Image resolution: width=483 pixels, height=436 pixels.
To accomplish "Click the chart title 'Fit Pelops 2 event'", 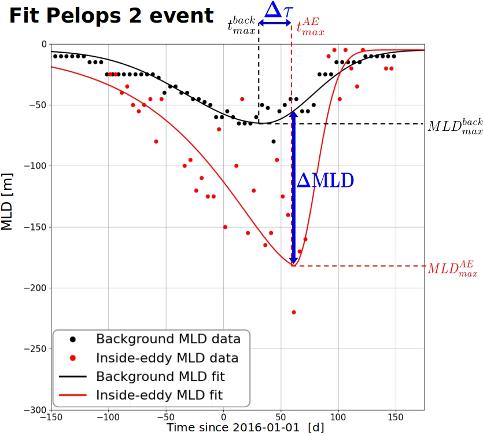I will (111, 16).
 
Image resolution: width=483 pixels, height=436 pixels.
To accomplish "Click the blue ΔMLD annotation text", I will (325, 181).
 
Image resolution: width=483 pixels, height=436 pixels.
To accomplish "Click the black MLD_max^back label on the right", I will (455, 126).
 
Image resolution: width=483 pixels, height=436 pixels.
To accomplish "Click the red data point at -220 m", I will (294, 312).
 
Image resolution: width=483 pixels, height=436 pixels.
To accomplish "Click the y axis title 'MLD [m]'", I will (7, 200).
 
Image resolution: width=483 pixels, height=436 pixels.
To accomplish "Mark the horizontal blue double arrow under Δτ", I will (275, 23).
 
